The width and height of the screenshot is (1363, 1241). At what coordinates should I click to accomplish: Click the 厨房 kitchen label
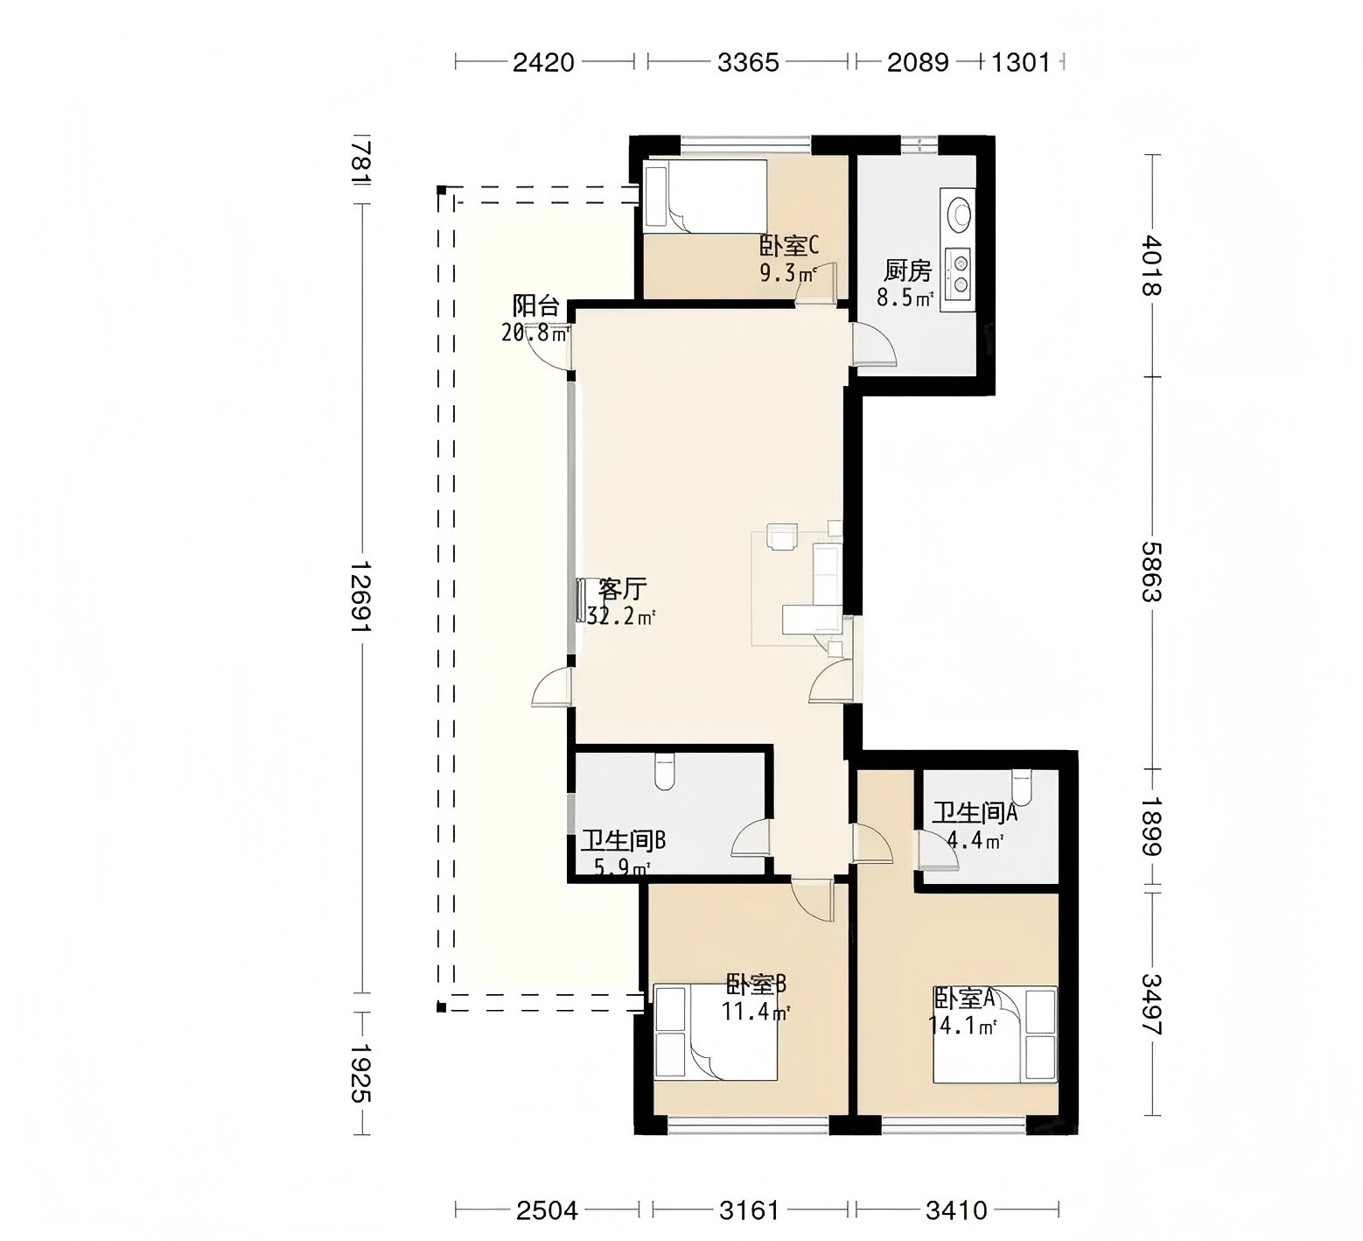(x=907, y=271)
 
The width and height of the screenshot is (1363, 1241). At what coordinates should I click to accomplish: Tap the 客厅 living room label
(x=623, y=589)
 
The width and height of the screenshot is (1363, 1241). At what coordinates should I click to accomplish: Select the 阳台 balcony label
(x=535, y=305)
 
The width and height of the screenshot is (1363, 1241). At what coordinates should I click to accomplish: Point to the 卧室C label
(x=789, y=246)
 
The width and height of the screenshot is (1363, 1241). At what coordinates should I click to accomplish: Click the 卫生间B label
(x=624, y=841)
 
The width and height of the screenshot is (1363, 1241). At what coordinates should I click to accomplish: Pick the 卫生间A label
(x=975, y=813)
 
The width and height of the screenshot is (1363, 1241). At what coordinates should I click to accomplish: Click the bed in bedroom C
(x=705, y=197)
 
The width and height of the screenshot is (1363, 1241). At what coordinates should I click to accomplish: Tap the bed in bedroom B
(x=716, y=1032)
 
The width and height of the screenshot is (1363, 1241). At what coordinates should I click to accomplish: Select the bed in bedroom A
(x=996, y=1034)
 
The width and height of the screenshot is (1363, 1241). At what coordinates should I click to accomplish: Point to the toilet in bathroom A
(x=1022, y=784)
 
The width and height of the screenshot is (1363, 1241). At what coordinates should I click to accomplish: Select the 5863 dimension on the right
(x=1152, y=571)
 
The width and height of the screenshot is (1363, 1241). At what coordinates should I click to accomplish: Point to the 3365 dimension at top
(x=748, y=62)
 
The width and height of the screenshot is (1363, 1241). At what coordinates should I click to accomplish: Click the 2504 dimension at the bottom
(x=547, y=1210)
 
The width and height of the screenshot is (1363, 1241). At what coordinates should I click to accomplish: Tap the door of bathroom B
(x=751, y=838)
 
